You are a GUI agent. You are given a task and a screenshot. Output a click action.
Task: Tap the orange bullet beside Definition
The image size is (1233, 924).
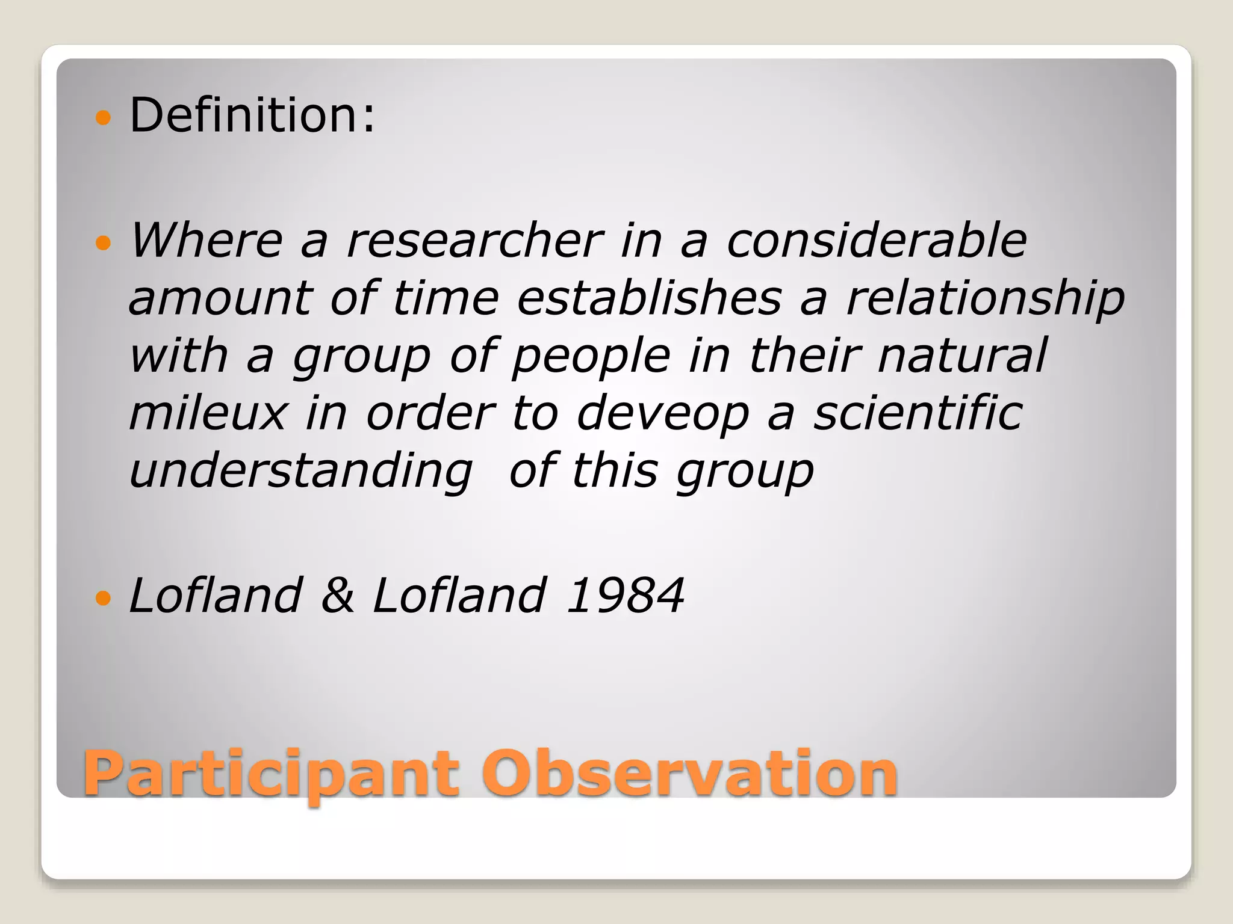click(x=104, y=117)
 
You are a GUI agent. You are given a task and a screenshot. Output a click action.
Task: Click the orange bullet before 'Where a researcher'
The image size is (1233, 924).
click(x=104, y=243)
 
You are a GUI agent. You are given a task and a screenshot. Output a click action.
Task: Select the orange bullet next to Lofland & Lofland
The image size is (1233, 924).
click(x=104, y=598)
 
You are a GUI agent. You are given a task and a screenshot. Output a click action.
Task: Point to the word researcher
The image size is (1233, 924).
click(x=474, y=241)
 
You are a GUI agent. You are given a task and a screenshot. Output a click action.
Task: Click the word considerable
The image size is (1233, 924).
click(x=877, y=241)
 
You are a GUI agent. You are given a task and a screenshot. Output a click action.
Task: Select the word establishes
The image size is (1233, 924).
click(x=650, y=298)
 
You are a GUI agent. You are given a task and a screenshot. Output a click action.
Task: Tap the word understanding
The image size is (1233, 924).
click(x=301, y=472)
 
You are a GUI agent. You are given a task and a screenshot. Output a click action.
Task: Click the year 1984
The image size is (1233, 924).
click(x=625, y=596)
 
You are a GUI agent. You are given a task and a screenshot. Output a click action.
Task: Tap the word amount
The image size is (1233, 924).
click(x=220, y=299)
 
